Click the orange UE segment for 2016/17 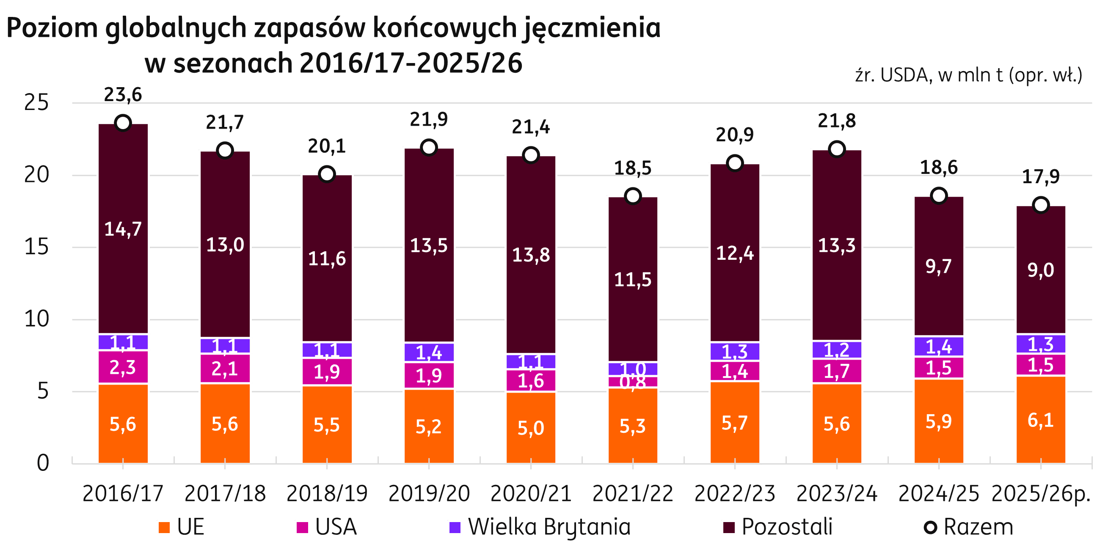123,423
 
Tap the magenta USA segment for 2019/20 429,375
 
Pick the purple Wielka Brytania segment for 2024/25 939,346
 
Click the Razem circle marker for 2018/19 327,174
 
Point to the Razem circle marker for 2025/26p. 1041,205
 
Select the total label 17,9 1041,177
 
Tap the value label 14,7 123,229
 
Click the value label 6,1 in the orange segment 1041,421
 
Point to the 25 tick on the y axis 37,103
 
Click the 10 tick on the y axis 37,319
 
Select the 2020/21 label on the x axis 531,494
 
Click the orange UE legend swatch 164,527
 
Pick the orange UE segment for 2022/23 735,422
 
